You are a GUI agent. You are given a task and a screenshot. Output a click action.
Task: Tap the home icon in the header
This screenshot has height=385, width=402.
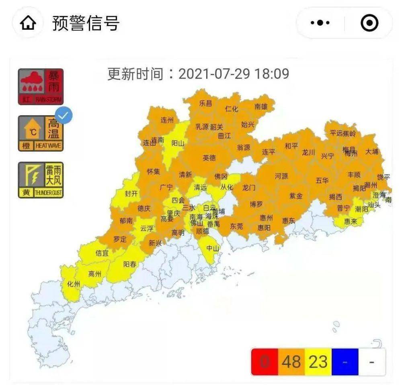[28, 24]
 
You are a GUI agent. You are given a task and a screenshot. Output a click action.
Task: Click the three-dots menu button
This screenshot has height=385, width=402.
[320, 23]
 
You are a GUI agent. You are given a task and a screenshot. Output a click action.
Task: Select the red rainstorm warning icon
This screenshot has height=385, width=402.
[41, 87]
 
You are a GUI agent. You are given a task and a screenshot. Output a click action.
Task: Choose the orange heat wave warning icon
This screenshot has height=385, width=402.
[41, 134]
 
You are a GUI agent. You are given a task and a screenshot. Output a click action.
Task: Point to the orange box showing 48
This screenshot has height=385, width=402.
[291, 362]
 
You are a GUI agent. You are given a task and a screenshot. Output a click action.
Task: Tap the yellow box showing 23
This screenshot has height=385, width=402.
[318, 362]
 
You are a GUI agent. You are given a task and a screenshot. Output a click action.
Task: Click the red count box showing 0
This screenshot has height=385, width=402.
[264, 362]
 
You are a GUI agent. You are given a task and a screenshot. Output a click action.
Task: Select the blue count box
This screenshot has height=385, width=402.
[345, 362]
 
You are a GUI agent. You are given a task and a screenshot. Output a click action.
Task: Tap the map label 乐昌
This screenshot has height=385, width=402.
[205, 103]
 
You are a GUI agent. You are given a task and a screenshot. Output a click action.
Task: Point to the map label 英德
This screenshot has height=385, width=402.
[209, 158]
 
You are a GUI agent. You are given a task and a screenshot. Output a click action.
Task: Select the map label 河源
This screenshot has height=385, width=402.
[281, 176]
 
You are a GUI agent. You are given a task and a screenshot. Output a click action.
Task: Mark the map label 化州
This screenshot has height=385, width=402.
[74, 284]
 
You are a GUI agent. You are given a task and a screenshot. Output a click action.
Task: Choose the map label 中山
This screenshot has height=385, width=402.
[213, 248]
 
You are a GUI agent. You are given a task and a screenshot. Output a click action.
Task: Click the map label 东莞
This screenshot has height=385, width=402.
[236, 226]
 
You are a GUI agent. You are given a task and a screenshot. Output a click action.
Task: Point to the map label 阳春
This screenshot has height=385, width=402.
[129, 264]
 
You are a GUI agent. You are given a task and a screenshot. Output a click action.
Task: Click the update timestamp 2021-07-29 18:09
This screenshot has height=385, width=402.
[234, 74]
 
